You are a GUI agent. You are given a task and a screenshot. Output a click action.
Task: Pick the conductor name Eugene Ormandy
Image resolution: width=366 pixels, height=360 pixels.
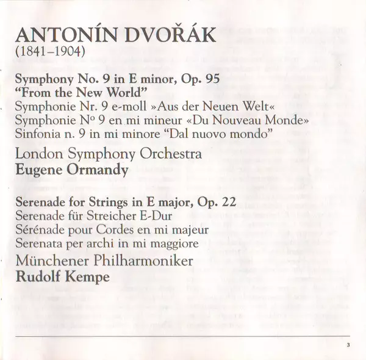72,170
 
